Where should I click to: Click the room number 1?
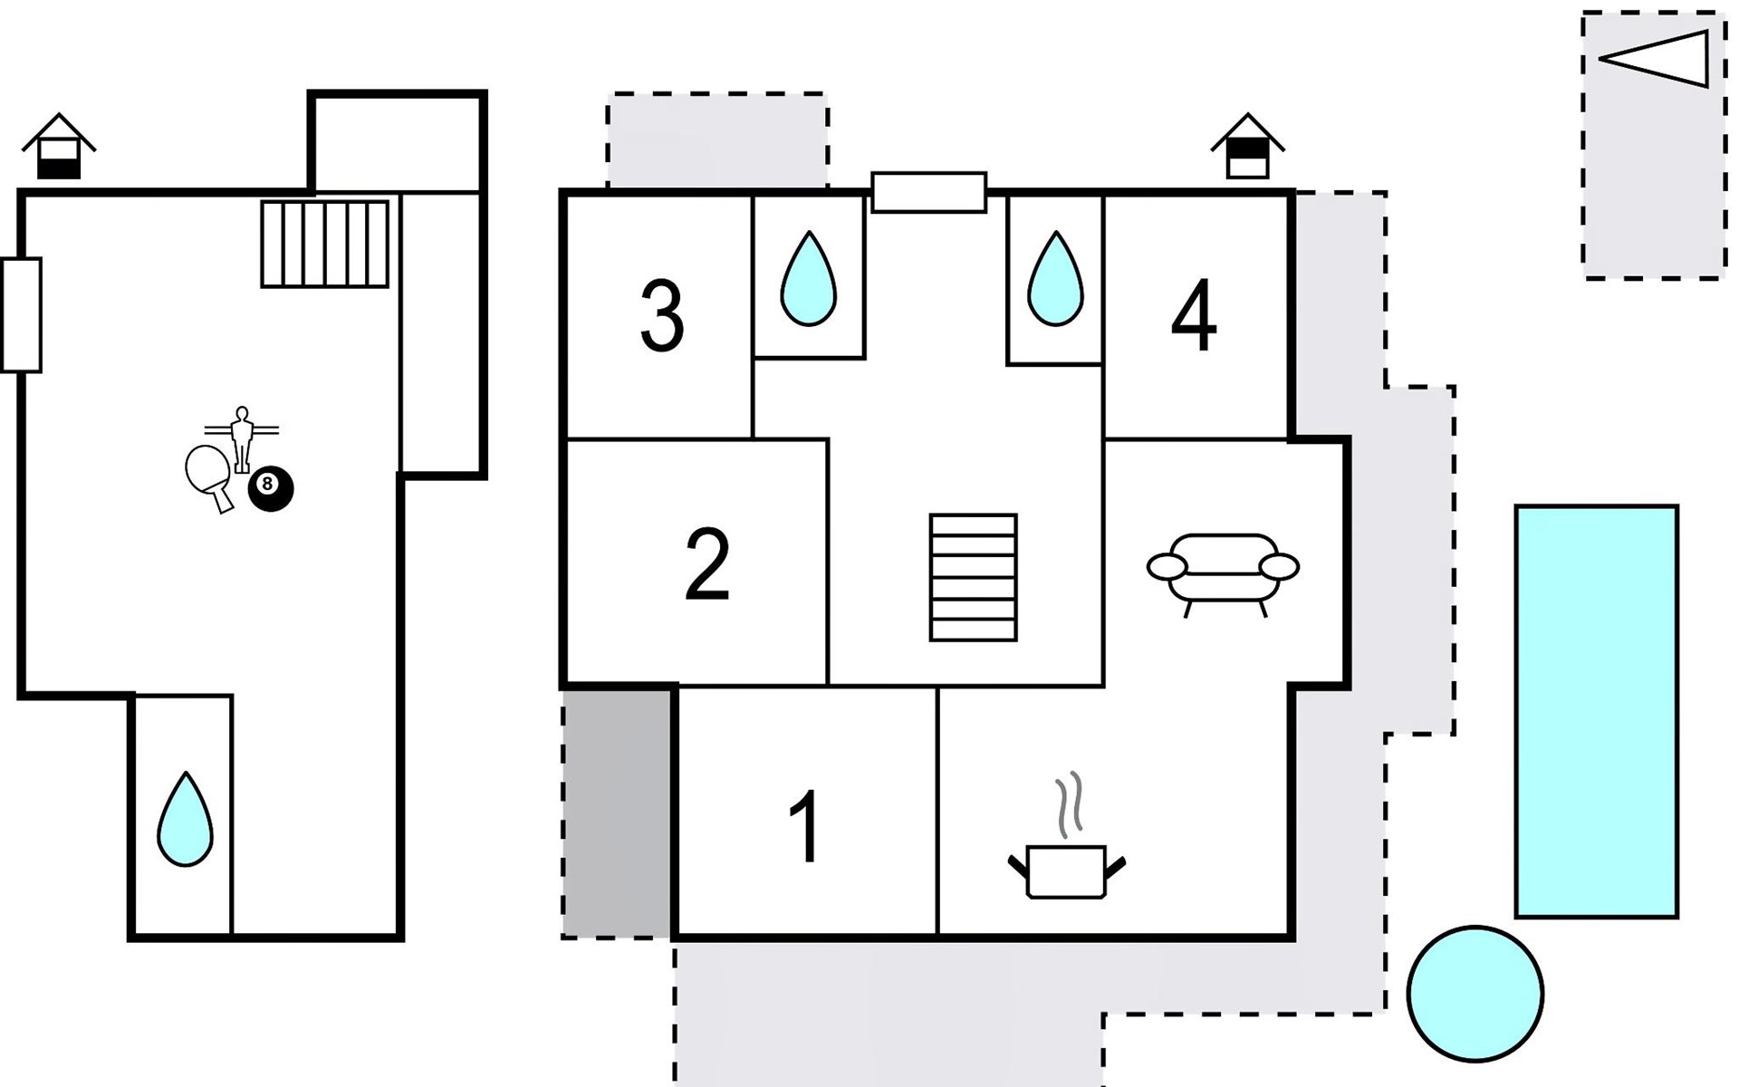tap(805, 826)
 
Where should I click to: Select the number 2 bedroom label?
tap(706, 565)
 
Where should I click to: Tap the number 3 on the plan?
tap(662, 316)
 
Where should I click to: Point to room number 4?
tap(1194, 316)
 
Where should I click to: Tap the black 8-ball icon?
tap(271, 488)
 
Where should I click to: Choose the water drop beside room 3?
tap(808, 281)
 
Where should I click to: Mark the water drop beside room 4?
tap(1055, 281)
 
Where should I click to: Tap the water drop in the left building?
tap(185, 822)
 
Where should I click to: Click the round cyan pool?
tap(1475, 994)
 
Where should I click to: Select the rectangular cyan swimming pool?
tap(1596, 711)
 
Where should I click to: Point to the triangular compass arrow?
tap(1657, 59)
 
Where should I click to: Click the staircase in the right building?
tap(973, 577)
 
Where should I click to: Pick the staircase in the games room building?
tap(324, 244)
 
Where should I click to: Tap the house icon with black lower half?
tap(59, 148)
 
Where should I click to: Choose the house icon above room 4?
tap(1247, 148)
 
